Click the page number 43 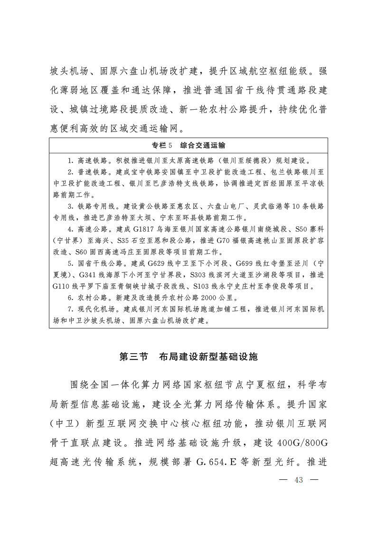(299, 479)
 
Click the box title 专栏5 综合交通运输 (188, 145)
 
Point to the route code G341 (85, 275)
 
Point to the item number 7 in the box (69, 309)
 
